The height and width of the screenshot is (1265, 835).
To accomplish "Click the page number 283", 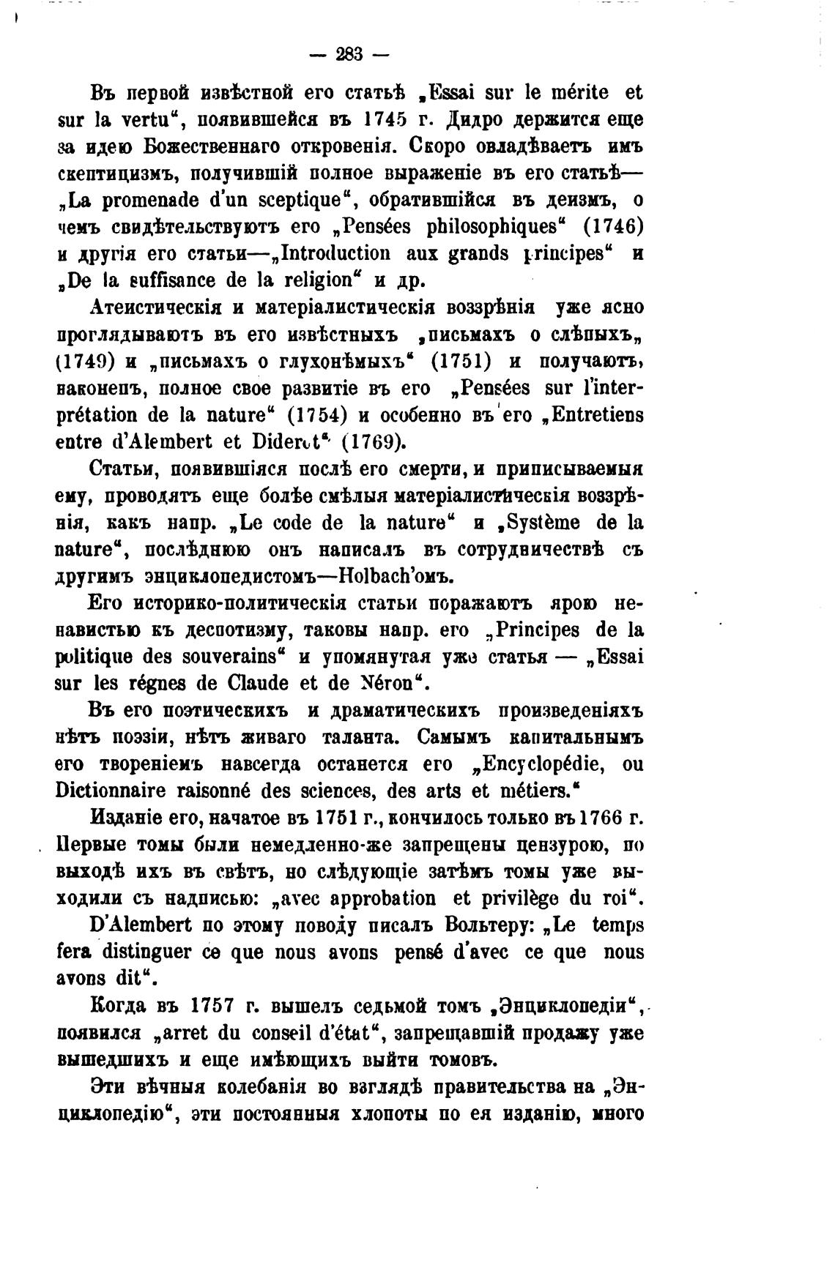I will [352, 54].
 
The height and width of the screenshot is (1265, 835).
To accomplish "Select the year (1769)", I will [372, 442].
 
